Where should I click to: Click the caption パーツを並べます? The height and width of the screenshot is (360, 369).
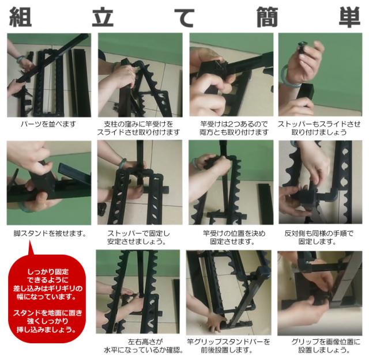[x=49, y=123]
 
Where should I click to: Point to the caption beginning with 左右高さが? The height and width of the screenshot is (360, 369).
[x=140, y=346]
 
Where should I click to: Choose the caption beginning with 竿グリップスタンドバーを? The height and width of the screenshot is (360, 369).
[x=231, y=346]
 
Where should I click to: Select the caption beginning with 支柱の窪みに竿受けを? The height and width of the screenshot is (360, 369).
[x=140, y=127]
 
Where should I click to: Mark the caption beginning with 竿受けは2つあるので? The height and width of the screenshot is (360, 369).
[x=231, y=127]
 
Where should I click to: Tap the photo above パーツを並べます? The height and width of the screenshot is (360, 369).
[x=49, y=75]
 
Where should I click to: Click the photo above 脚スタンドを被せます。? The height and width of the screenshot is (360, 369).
[x=49, y=183]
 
